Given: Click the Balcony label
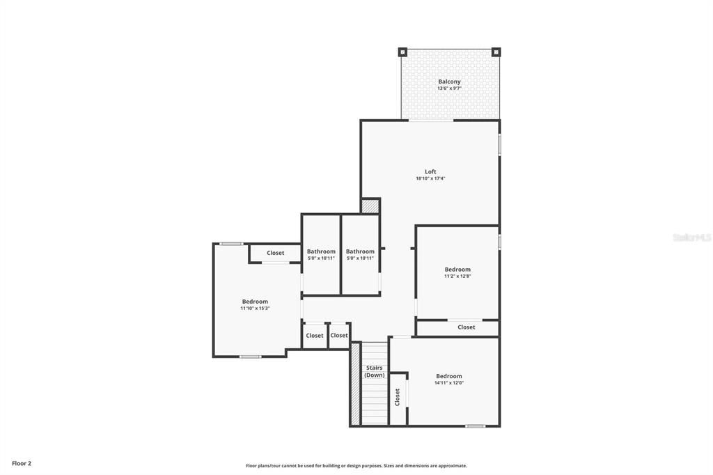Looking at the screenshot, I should [449, 81].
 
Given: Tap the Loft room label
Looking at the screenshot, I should [430, 171].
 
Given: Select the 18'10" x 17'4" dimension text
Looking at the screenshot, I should [430, 178].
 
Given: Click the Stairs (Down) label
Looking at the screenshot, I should [374, 371].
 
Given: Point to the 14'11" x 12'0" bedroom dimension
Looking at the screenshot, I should [449, 383].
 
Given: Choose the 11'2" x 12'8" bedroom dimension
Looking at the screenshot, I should [457, 277].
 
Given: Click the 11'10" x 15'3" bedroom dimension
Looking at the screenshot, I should [255, 309].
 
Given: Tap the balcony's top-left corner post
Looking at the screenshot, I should [402, 52].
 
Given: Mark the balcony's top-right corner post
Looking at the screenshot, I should [496, 52].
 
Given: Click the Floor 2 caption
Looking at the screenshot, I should [22, 463].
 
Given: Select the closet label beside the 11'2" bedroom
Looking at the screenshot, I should [467, 327].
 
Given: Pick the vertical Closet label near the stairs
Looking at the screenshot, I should [398, 397].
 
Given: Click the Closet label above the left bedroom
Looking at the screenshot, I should [275, 253].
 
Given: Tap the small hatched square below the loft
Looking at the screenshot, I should [370, 206].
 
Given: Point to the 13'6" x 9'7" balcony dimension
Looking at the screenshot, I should [449, 88].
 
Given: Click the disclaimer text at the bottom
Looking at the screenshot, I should [356, 466].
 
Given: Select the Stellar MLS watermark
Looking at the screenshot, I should [691, 238].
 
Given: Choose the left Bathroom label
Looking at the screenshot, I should [321, 251].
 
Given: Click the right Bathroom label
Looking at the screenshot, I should [360, 251].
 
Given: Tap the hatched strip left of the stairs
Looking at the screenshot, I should [355, 384].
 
